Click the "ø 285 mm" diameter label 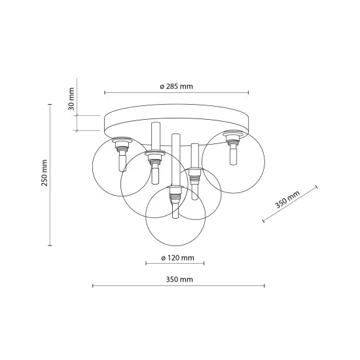pyautogui.click(x=176, y=86)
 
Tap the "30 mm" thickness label pyautogui.click(x=72, y=98)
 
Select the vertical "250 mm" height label pyautogui.click(x=45, y=173)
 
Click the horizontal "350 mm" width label pyautogui.click(x=178, y=280)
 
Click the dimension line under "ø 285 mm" pyautogui.click(x=176, y=92)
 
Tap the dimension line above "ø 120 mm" pyautogui.click(x=175, y=264)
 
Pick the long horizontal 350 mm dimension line pyautogui.click(x=178, y=286)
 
